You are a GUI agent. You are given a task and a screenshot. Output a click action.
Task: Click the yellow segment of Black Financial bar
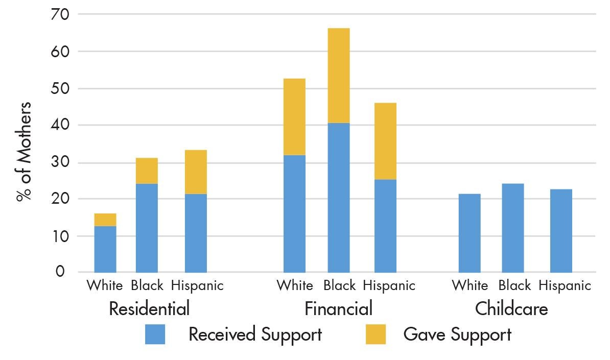pos(338,76)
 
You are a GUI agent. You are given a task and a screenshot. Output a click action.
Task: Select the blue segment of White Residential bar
pos(105,249)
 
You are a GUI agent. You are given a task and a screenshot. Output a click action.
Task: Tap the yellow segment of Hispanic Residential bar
pos(196,172)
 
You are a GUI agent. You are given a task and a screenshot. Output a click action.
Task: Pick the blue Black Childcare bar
pos(512,228)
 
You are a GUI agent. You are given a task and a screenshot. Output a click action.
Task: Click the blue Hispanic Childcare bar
pos(561,231)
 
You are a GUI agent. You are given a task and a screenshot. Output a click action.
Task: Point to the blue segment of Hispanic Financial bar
pos(385,226)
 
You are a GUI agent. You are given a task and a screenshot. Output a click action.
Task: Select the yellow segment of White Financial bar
pos(294,117)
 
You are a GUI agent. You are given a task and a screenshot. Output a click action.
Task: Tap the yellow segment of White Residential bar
pos(105,220)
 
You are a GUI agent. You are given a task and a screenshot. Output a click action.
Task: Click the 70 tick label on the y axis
pos(60,14)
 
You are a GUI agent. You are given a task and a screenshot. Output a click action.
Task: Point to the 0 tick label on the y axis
pos(60,272)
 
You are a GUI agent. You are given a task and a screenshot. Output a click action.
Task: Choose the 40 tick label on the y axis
pos(60,125)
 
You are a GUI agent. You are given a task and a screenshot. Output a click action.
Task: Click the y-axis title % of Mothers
pos(24,152)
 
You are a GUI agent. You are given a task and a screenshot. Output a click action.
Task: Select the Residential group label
pos(149,309)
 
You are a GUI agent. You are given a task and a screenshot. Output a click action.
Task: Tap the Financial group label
pos(338,309)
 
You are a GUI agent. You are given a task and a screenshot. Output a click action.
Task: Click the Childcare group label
pos(511,309)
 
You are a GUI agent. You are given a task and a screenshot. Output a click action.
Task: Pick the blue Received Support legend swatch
pos(155,334)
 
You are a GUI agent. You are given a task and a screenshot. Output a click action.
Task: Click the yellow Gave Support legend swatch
pos(376,334)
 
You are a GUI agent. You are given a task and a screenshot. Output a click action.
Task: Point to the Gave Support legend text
pos(457,334)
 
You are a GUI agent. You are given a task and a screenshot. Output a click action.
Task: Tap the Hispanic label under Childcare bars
pos(565,285)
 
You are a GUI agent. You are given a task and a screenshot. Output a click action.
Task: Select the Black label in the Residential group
pos(147,285)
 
